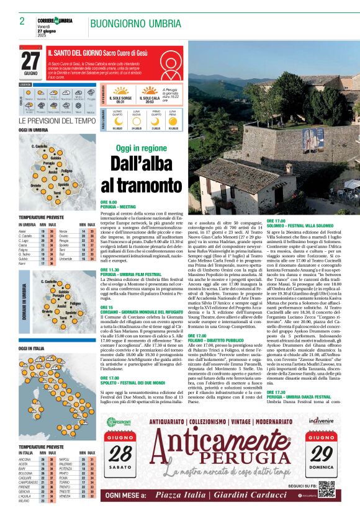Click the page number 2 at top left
coord(22,21)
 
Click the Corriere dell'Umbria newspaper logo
coord(55,20)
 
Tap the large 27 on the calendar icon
coord(30,61)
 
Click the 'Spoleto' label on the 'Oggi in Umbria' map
coord(63,185)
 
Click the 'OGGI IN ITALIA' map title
coord(32,348)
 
